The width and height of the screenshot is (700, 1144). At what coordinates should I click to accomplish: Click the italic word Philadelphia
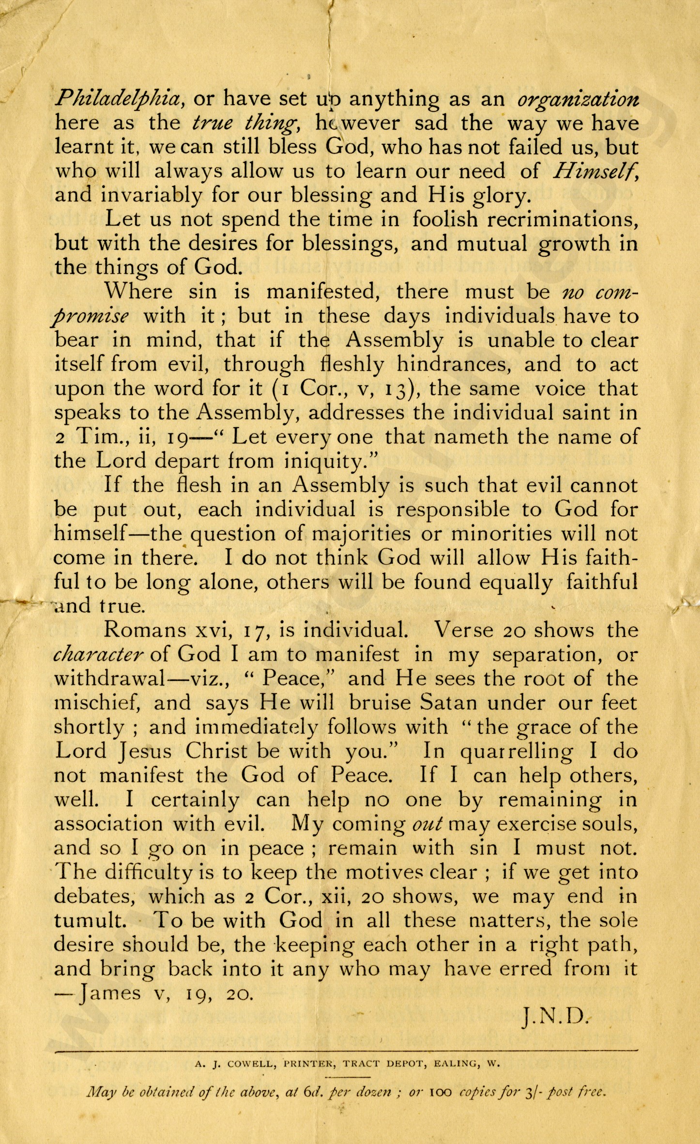118,99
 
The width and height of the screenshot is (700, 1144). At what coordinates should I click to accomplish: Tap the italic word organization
578,99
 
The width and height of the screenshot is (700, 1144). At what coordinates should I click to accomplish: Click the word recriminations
563,219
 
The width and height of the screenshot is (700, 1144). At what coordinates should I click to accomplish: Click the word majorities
361,534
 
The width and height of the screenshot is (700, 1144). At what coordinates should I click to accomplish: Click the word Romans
145,631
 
